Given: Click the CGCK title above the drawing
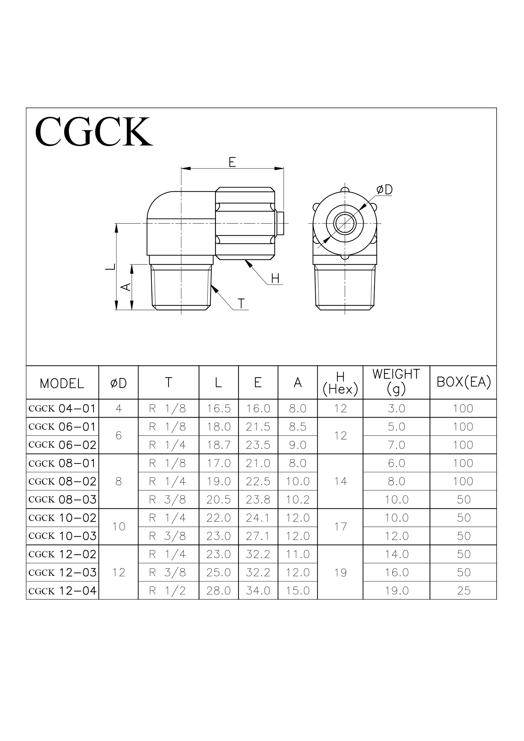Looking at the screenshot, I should click(x=94, y=131).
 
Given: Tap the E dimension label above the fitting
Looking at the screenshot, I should click(x=232, y=162).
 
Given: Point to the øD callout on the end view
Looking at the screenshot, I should click(x=384, y=189).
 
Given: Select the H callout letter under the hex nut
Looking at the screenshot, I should click(x=275, y=278).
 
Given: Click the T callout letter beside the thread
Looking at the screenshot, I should click(x=241, y=304).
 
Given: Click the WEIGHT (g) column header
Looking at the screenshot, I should click(x=396, y=382).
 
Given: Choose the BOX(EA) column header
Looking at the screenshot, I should click(x=463, y=382).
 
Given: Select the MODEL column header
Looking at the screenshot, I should click(x=62, y=383).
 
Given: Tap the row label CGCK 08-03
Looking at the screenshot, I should click(x=62, y=500).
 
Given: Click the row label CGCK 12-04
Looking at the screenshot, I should click(x=62, y=591).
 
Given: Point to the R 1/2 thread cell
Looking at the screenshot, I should click(x=168, y=591).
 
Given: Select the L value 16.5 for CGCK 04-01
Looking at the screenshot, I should click(x=219, y=408).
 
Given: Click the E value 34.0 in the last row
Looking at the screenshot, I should click(x=258, y=591).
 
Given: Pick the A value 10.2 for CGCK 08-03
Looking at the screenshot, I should click(x=298, y=500).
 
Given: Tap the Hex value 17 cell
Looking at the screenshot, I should click(x=340, y=527).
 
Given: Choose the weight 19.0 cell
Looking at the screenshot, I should click(x=396, y=591).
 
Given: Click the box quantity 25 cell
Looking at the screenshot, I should click(x=463, y=591).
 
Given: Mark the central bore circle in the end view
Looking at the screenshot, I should click(x=345, y=223).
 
